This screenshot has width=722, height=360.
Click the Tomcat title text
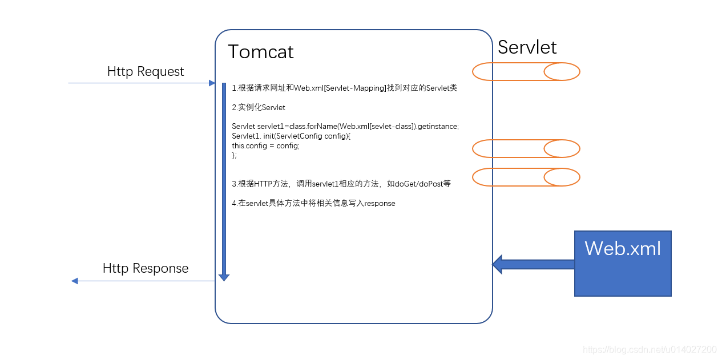point(260,51)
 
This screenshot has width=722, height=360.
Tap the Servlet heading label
point(527,47)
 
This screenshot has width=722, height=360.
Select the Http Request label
point(146,71)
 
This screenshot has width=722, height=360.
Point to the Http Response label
point(146,268)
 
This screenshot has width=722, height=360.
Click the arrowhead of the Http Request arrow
point(212,83)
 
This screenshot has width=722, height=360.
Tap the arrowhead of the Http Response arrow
point(74,281)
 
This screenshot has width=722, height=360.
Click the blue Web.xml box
point(623,264)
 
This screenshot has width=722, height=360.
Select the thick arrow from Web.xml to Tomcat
point(534,264)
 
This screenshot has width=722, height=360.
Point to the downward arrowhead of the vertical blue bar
point(224,278)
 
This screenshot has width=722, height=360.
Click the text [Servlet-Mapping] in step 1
point(355,88)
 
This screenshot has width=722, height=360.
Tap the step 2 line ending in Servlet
point(259,107)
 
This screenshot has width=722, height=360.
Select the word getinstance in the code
point(437,126)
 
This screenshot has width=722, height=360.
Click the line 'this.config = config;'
point(265,145)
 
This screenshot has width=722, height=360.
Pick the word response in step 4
point(380,204)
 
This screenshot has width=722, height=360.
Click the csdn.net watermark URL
point(650,350)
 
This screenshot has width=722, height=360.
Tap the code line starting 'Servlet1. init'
point(291,136)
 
